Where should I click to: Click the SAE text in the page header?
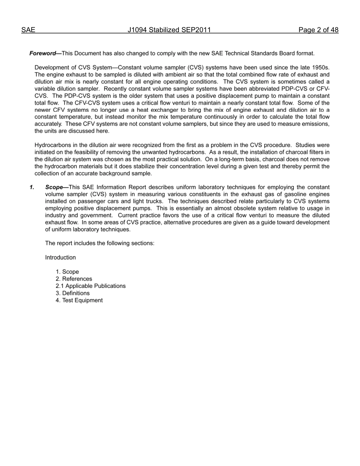point(28,30)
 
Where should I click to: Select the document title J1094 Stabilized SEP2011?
point(169,30)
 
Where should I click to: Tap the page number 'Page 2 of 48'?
point(318,30)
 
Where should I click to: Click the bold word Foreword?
point(42,53)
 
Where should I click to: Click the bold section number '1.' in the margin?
point(32,187)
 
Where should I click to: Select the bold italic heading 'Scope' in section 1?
point(54,187)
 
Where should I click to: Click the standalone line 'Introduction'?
point(60,258)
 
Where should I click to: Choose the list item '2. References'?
point(74,279)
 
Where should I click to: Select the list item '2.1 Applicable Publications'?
point(91,286)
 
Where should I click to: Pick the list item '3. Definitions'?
point(73,293)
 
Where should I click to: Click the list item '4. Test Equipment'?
point(79,300)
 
